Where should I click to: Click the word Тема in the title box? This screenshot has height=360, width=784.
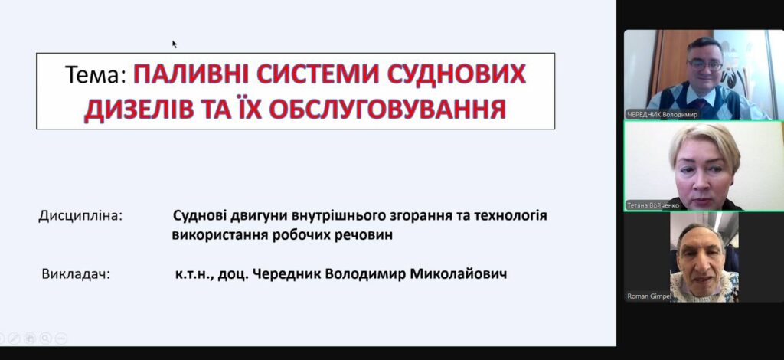pos(93,75)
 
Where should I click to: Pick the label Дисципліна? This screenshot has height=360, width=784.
pos(80,217)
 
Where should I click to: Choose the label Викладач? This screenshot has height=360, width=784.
pos(76,274)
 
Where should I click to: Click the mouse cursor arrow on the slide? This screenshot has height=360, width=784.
pos(175,44)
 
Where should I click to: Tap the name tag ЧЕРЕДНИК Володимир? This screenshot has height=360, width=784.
pos(662,114)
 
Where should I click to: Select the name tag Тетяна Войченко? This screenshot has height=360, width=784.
pos(652,205)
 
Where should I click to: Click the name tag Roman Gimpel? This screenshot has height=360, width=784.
pos(649,296)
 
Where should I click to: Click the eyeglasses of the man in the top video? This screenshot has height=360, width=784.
pos(705,64)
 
